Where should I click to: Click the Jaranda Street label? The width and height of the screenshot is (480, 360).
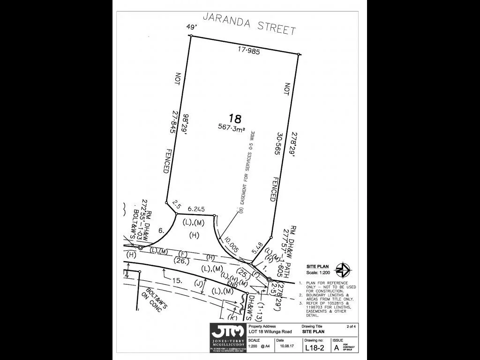[249, 23]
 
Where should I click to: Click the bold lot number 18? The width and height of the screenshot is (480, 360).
[234, 118]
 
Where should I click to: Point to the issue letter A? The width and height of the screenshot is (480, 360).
[336, 348]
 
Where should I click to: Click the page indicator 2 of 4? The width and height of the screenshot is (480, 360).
[351, 326]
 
